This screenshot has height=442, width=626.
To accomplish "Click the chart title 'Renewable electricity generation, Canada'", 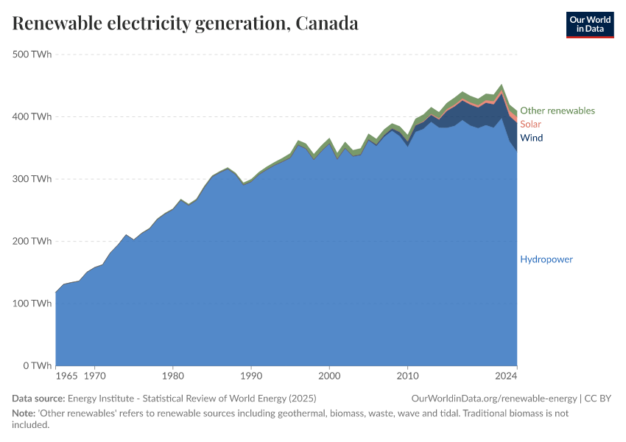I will (x=186, y=24).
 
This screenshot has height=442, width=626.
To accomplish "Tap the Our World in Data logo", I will (x=589, y=24).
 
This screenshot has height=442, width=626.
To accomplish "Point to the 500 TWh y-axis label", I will (x=32, y=55).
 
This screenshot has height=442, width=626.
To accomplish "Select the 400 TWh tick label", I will (x=32, y=116).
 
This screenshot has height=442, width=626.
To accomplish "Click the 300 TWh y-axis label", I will (x=32, y=179).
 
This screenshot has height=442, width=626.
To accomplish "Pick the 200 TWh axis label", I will (x=32, y=241).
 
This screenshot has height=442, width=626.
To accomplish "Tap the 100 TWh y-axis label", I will (x=32, y=304).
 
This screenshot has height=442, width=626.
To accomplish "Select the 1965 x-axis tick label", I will (x=66, y=376).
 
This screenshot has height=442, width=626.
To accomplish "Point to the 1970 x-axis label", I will (x=94, y=376).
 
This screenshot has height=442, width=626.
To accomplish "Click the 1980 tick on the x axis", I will (x=172, y=376).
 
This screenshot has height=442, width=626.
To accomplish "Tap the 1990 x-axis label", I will (x=251, y=376).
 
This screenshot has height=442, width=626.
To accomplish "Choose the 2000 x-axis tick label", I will (x=329, y=376).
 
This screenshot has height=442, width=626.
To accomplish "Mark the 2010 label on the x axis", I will (x=407, y=376).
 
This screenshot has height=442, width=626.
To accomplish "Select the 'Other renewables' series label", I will (x=557, y=110).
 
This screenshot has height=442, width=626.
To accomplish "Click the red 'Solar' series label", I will (x=530, y=124).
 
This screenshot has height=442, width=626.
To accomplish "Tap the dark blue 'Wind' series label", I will (x=531, y=138).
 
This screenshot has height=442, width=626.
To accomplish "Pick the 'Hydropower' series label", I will (x=546, y=259).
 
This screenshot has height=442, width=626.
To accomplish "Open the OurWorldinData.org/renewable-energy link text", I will (x=495, y=399).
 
